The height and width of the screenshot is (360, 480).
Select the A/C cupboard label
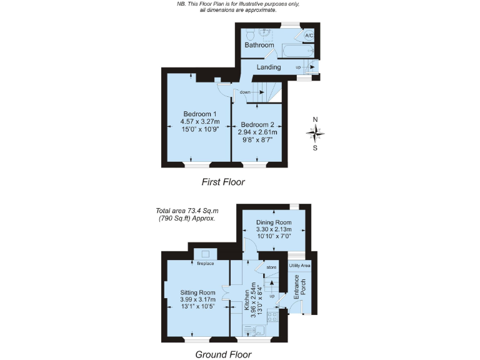tap(309, 36)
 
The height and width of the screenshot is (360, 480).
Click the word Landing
tap(269, 67)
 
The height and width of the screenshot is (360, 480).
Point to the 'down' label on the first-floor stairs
tap(245, 92)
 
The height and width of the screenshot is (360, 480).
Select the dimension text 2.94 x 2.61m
tap(257, 132)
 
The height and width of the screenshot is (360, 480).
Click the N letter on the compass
tap(316, 119)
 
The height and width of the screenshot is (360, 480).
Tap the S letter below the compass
tap(315, 148)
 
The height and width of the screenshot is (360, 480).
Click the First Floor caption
tap(223, 182)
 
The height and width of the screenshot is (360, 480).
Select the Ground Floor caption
tap(223, 354)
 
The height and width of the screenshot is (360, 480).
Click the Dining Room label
tap(274, 222)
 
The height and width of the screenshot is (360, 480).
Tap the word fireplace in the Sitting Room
tap(206, 264)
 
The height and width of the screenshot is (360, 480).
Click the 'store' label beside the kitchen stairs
tap(271, 267)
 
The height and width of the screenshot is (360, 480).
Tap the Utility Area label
tap(300, 266)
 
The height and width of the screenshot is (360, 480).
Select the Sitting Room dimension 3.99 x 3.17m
tap(197, 300)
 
